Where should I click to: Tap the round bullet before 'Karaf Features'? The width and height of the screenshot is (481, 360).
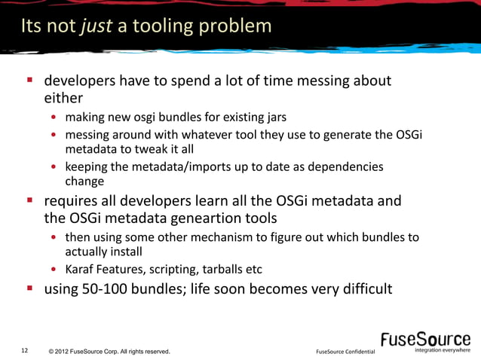tap(55, 270)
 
